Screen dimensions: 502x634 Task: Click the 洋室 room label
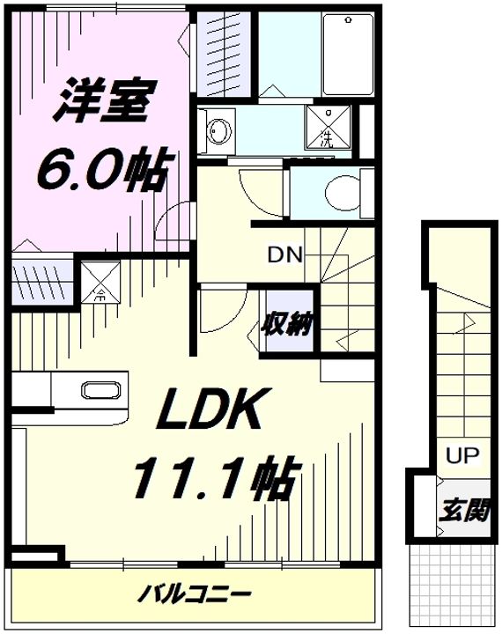[x=104, y=100]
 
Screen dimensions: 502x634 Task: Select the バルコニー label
[x=194, y=594]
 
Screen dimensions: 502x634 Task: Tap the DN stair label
[x=284, y=255]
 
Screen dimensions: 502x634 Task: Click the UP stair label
[x=462, y=456]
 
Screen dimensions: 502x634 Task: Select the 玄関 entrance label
[x=465, y=511]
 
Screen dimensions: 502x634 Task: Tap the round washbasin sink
[x=219, y=131]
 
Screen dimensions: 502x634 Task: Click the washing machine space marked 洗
[x=328, y=128]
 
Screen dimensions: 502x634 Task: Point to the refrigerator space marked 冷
[x=100, y=283]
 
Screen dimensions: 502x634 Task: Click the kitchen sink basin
[x=101, y=391]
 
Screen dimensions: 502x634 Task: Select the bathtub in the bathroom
[x=348, y=55]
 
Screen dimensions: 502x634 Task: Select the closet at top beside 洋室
[x=223, y=55]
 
